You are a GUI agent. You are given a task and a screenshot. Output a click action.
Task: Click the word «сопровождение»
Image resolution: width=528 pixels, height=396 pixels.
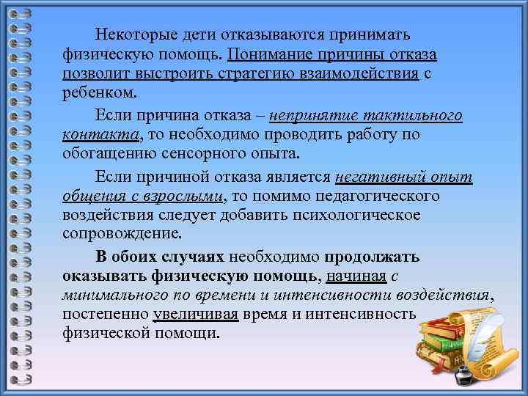pyautogui.click(x=121, y=235)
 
